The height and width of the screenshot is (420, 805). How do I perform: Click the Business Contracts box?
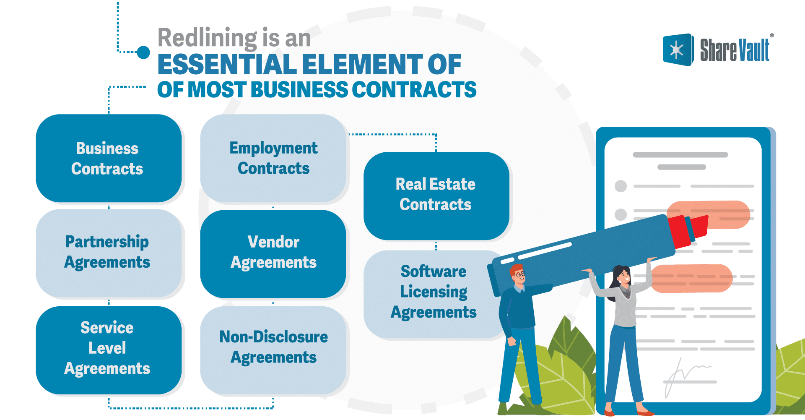(x=108, y=158)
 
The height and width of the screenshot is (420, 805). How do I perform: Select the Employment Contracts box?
(x=273, y=158)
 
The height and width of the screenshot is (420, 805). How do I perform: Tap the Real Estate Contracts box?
(x=436, y=195)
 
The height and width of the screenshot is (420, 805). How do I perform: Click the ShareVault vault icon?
(x=677, y=50)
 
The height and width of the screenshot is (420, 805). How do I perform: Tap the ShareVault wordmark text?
(x=735, y=50)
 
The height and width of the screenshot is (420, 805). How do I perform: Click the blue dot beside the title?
(x=143, y=52)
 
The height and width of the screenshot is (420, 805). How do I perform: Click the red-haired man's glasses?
(x=519, y=275)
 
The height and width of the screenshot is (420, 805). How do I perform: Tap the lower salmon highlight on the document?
(x=691, y=278)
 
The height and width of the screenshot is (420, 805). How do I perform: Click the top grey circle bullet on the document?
(x=621, y=186)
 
